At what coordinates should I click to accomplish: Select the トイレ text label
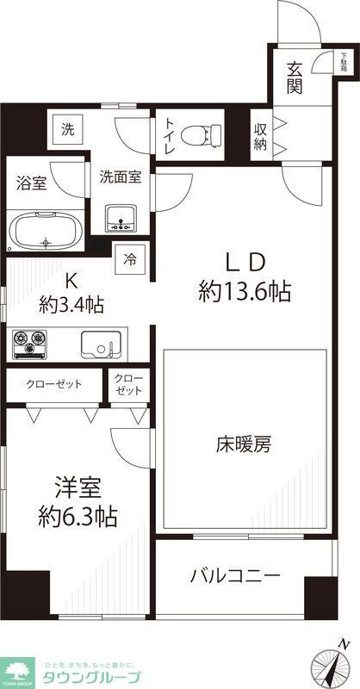click(x=169, y=136)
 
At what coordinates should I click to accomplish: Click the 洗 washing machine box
click(x=67, y=130)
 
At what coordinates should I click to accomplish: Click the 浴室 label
click(x=32, y=183)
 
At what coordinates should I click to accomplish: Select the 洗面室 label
click(x=119, y=178)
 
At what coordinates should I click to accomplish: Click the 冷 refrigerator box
click(x=130, y=257)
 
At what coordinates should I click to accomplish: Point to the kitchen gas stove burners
click(x=31, y=344)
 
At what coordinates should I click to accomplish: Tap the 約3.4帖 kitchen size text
click(x=71, y=303)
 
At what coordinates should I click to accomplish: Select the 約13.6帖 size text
click(x=244, y=292)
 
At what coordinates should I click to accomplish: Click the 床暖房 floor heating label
click(x=244, y=445)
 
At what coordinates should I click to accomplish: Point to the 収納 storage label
click(x=261, y=135)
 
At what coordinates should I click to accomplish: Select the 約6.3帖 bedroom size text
click(x=78, y=518)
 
